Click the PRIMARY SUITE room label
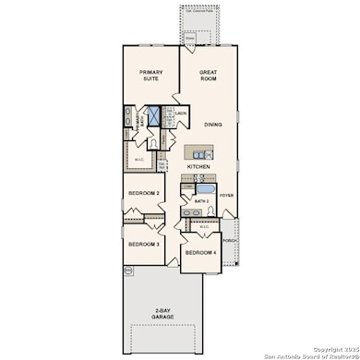coord(151,76)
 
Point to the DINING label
coord(213,124)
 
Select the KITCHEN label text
coord(199,166)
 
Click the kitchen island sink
coord(198,150)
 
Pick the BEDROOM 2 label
coord(144,193)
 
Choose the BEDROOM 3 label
coord(144,244)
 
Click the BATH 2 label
coord(202,199)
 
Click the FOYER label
coord(227,195)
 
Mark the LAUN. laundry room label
coord(182,114)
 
